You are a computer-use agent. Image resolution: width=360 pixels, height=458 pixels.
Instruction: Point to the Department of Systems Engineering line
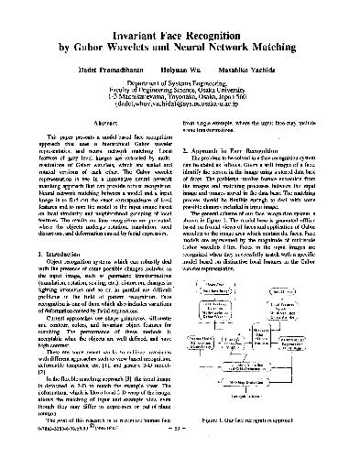pyautogui.click(x=180, y=83)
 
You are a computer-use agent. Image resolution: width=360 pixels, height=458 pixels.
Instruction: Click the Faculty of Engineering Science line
pyautogui.click(x=180, y=91)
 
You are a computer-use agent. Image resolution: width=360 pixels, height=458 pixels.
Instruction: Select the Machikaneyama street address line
pyautogui.click(x=180, y=98)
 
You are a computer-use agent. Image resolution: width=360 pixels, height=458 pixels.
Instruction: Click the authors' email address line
pyautogui.click(x=180, y=105)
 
